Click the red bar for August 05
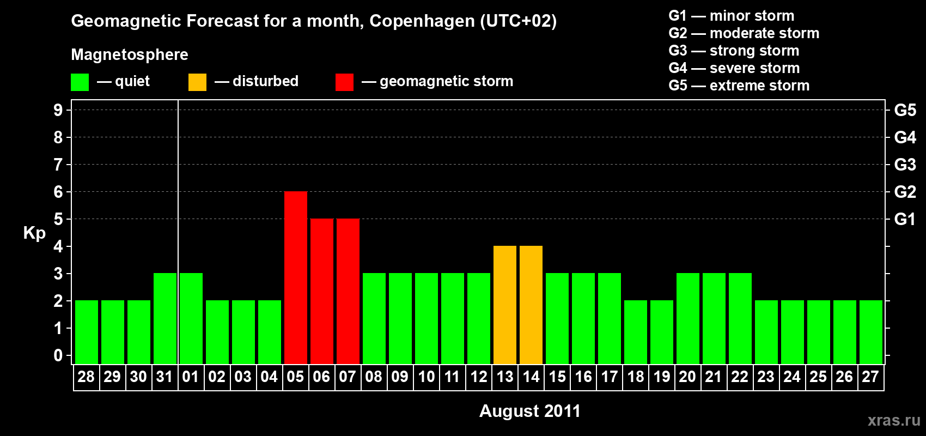pyautogui.click(x=295, y=277)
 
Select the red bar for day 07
pyautogui.click(x=348, y=291)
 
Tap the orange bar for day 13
pyautogui.click(x=504, y=305)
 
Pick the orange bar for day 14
pyautogui.click(x=531, y=305)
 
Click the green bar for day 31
pyautogui.click(x=165, y=318)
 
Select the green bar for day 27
pyautogui.click(x=870, y=332)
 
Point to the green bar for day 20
pyautogui.click(x=687, y=318)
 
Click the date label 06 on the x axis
pyautogui.click(x=321, y=377)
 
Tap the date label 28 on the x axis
pyautogui.click(x=86, y=377)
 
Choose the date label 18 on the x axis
pyautogui.click(x=635, y=377)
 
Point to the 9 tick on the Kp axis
pyautogui.click(x=58, y=110)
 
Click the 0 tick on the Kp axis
pyautogui.click(x=58, y=355)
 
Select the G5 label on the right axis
pyautogui.click(x=905, y=110)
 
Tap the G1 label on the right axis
pyautogui.click(x=905, y=219)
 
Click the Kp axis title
pyautogui.click(x=34, y=233)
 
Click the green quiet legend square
pyautogui.click(x=80, y=82)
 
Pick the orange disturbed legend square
pyautogui.click(x=197, y=82)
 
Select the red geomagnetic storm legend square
pyautogui.click(x=344, y=82)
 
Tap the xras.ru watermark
pyautogui.click(x=894, y=420)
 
